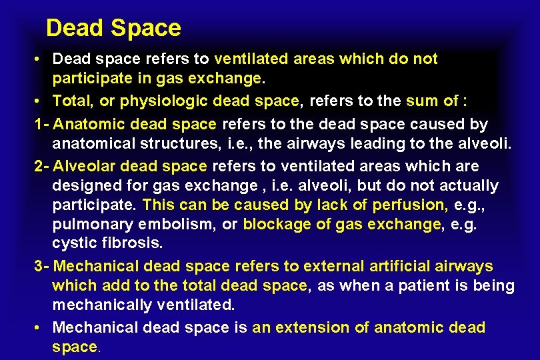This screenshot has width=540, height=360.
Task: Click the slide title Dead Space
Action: (x=113, y=28)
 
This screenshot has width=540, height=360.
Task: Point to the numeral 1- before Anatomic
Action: (x=41, y=124)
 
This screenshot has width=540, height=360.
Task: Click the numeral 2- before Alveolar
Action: (x=41, y=165)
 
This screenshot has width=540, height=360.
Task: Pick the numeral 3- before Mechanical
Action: (x=41, y=267)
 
